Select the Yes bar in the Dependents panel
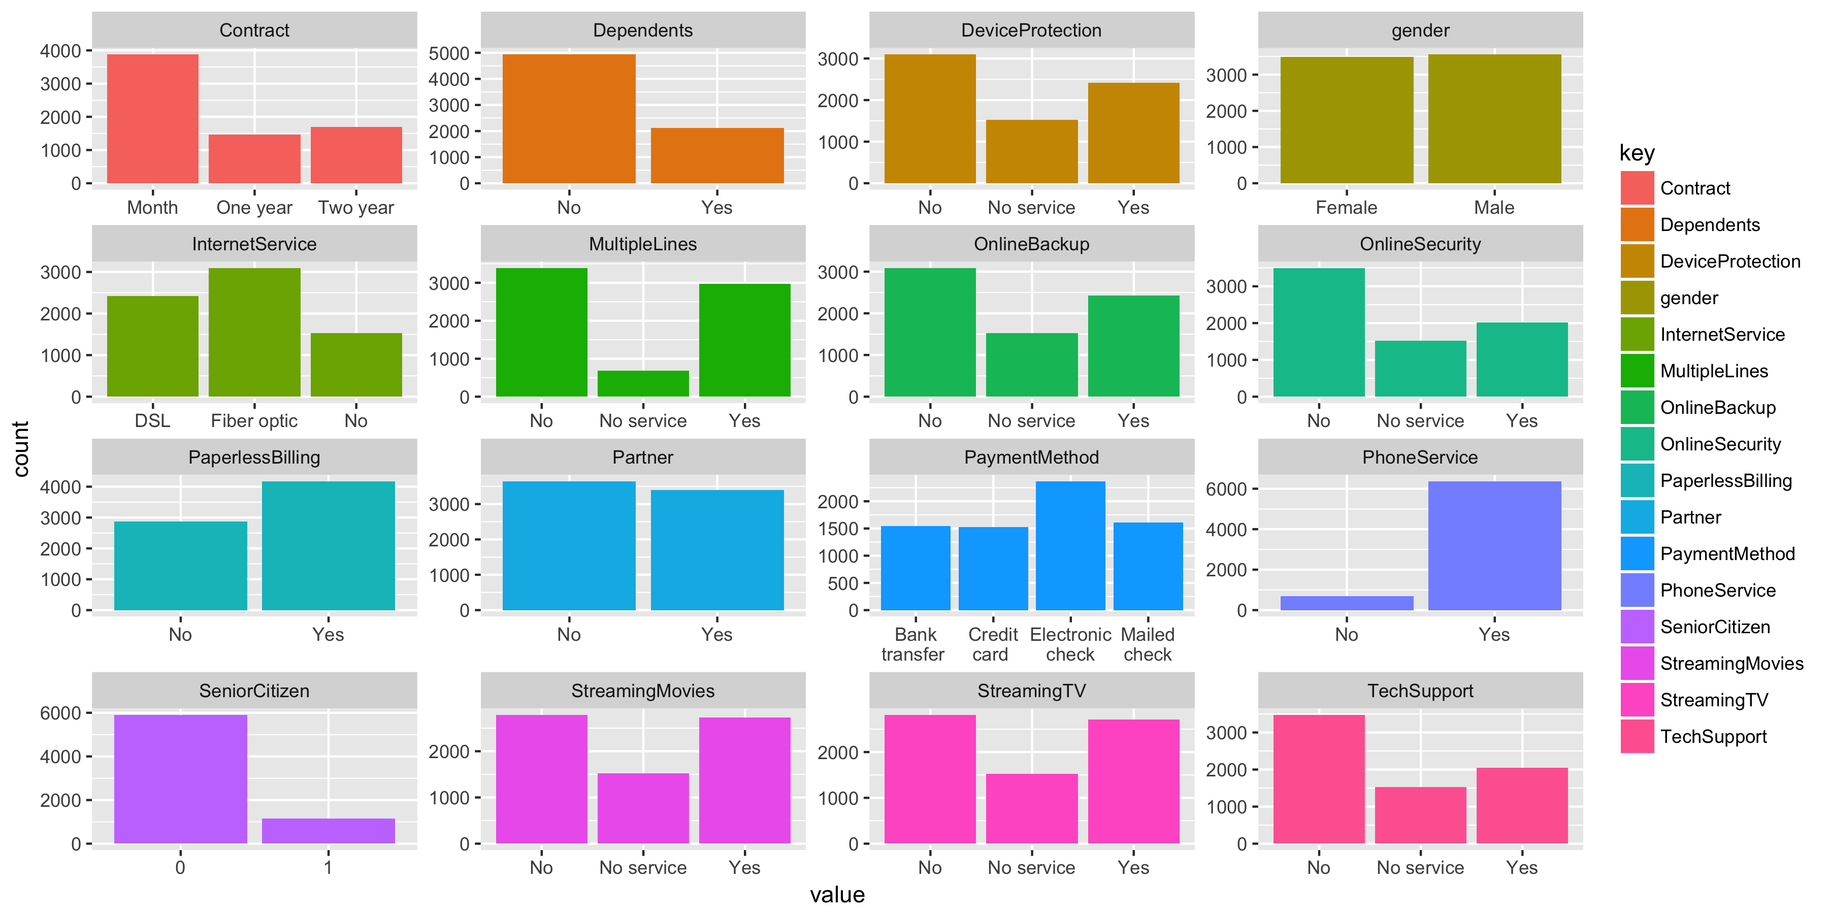click(716, 155)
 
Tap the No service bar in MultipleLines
click(643, 383)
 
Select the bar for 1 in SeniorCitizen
click(328, 830)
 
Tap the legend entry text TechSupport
click(1713, 737)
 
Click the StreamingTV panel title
click(1031, 691)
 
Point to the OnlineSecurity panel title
click(1420, 244)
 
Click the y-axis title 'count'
click(21, 448)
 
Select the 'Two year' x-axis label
click(355, 207)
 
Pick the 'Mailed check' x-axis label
click(1148, 644)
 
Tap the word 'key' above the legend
click(1637, 153)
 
